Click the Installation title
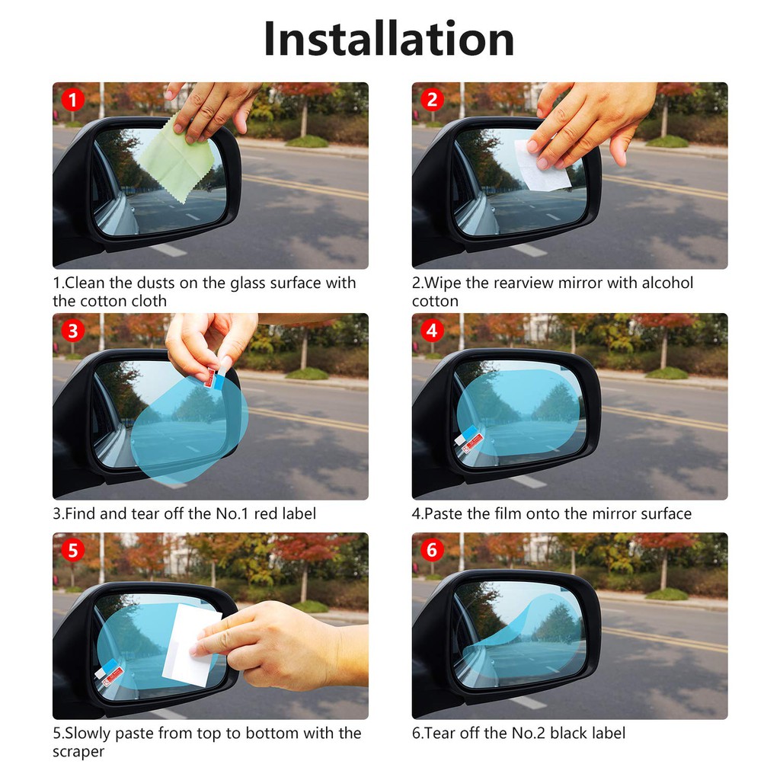[389, 39]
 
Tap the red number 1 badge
[72, 100]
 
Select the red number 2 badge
[432, 100]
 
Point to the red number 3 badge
[72, 331]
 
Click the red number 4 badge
[432, 331]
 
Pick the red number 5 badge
[72, 550]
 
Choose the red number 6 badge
[432, 550]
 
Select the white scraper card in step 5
[190, 644]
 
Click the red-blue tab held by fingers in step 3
[216, 378]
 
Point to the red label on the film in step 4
[472, 443]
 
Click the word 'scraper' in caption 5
[78, 751]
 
